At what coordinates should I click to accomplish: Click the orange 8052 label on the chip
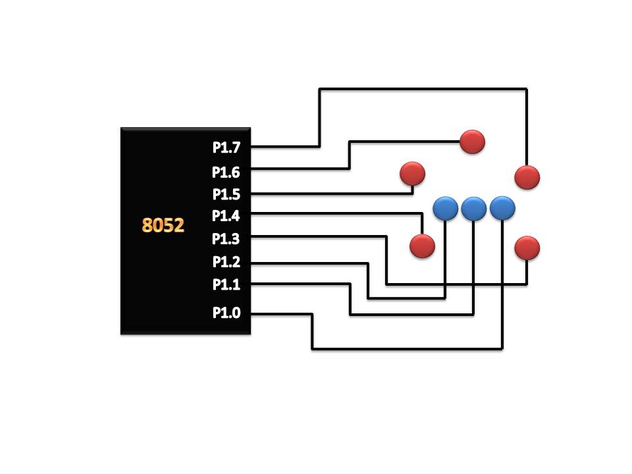(163, 225)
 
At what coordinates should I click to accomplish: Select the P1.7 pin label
(226, 147)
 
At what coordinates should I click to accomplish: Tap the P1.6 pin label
(226, 172)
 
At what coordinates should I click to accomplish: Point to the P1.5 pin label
(226, 195)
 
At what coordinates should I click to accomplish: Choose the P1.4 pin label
(226, 216)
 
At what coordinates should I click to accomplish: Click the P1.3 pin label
(226, 239)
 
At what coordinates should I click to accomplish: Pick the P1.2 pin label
(226, 262)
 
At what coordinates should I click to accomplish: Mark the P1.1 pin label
(226, 284)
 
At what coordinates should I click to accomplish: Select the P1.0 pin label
(226, 313)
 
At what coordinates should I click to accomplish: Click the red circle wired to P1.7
(527, 177)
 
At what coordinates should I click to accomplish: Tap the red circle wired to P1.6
(473, 142)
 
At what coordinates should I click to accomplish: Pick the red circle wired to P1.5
(412, 174)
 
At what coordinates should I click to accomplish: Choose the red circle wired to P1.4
(422, 246)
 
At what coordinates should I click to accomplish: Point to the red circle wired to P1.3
(527, 248)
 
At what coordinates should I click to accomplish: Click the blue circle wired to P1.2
(446, 209)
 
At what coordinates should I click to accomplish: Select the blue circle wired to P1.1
(473, 209)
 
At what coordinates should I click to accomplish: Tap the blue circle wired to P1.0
(502, 209)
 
